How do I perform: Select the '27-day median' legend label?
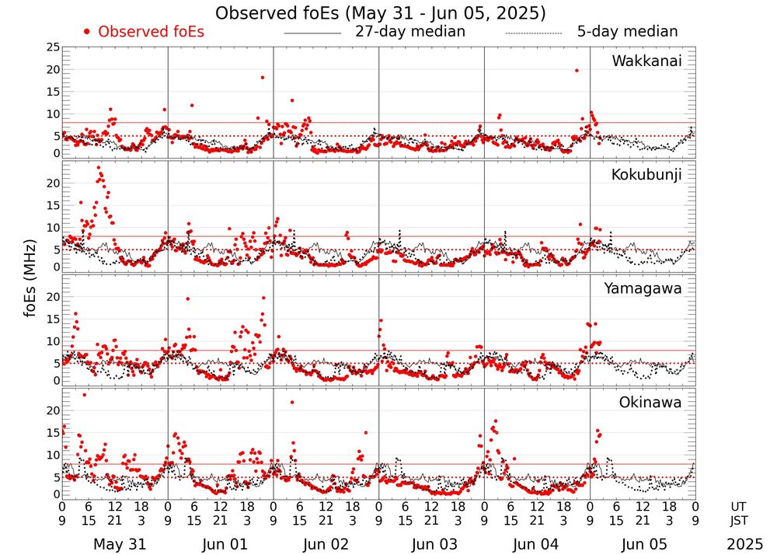pyautogui.click(x=410, y=32)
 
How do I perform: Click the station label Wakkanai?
pyautogui.click(x=646, y=61)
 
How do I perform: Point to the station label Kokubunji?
pyautogui.click(x=646, y=175)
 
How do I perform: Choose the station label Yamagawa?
pyautogui.click(x=643, y=288)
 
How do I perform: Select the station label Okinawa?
pyautogui.click(x=650, y=403)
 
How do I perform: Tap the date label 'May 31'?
pyautogui.click(x=119, y=544)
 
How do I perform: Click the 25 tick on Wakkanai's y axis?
pyautogui.click(x=52, y=48)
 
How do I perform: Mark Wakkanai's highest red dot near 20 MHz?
pyautogui.click(x=577, y=70)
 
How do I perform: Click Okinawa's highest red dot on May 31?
pyautogui.click(x=84, y=395)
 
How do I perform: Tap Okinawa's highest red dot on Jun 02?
pyautogui.click(x=292, y=402)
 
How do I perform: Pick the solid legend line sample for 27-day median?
pyautogui.click(x=312, y=33)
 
